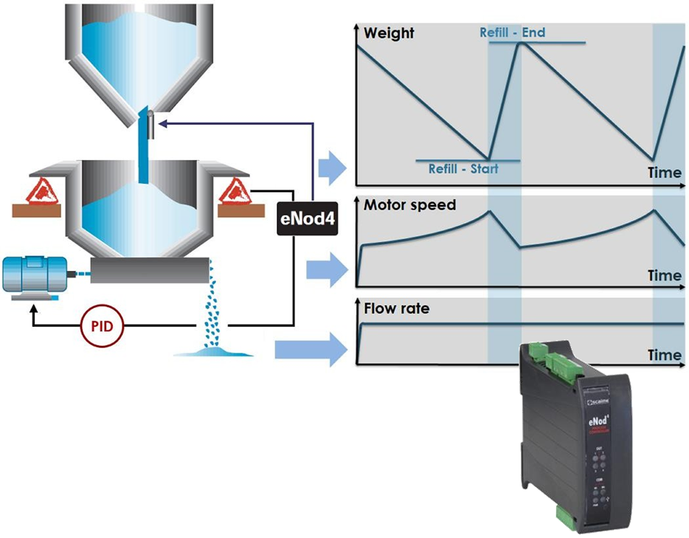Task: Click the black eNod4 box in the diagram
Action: (x=307, y=219)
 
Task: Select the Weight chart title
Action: (x=389, y=33)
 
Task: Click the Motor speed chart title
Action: (x=410, y=205)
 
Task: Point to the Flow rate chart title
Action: (x=396, y=308)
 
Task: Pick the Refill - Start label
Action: (x=463, y=169)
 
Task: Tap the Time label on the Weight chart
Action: (x=664, y=173)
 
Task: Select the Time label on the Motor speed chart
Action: (x=664, y=275)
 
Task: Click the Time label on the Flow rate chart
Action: (x=664, y=355)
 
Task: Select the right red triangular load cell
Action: (x=235, y=190)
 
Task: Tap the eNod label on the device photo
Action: (x=596, y=422)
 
